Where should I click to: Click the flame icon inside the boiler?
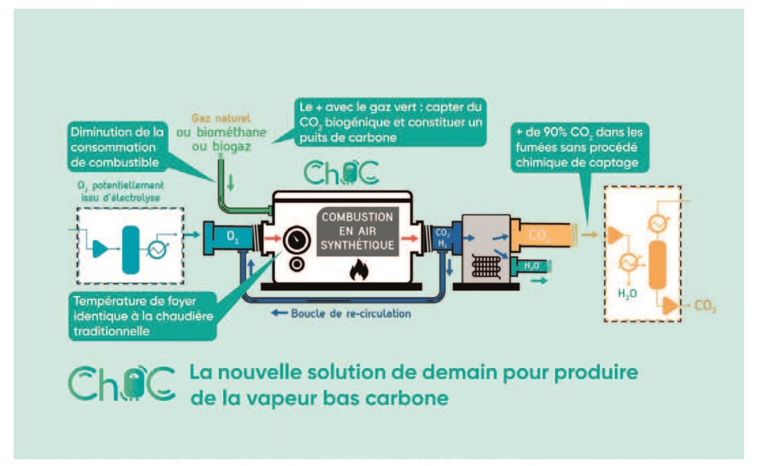click(359, 270)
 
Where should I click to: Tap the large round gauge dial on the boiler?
click(297, 240)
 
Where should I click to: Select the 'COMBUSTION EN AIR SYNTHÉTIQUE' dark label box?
click(358, 231)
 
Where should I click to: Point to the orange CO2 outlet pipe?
click(542, 235)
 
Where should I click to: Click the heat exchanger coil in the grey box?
click(486, 266)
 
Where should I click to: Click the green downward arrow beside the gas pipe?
click(231, 182)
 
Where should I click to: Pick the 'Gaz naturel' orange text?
click(221, 118)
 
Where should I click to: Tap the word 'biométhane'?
click(232, 132)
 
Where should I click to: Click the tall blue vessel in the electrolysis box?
click(130, 249)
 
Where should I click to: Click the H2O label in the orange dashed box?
click(627, 294)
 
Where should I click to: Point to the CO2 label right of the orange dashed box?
click(705, 306)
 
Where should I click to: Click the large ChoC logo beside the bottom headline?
click(122, 383)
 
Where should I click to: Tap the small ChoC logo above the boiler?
click(341, 172)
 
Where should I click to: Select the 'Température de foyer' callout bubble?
click(142, 316)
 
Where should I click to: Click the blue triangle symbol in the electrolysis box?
click(100, 249)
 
